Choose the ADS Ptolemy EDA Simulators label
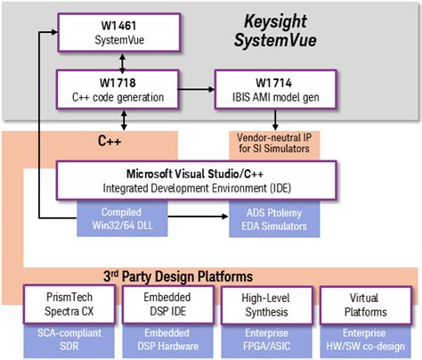(276, 220)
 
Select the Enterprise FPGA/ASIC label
(263, 340)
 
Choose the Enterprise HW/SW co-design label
(366, 340)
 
